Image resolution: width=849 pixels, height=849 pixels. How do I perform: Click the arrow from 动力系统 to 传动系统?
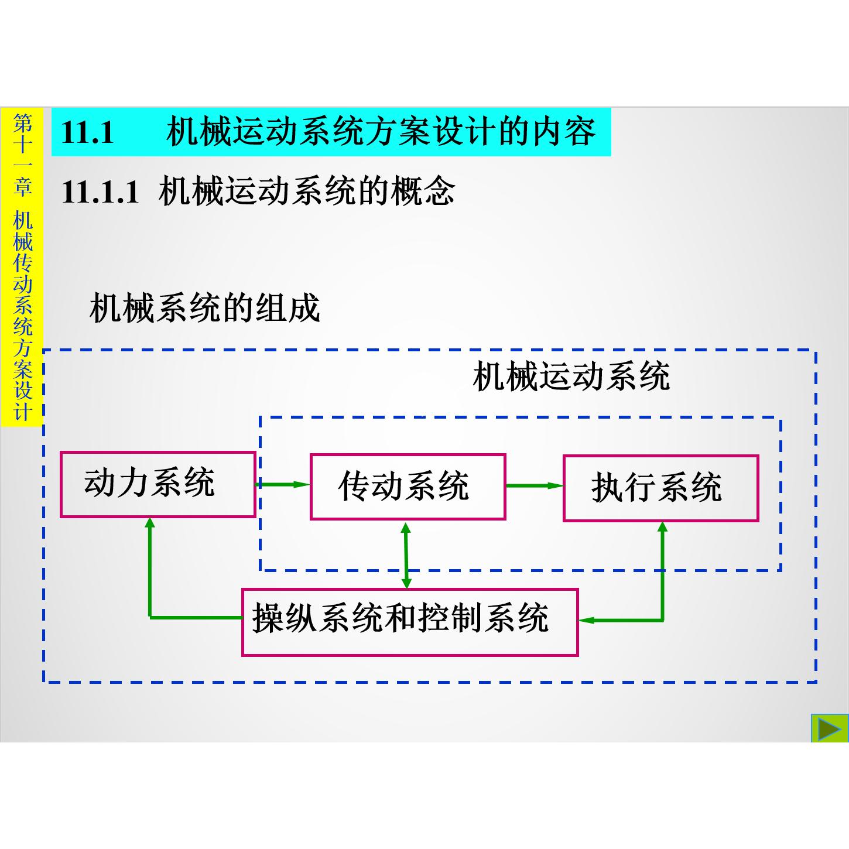(283, 485)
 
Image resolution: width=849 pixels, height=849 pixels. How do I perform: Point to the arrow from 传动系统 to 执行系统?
(535, 485)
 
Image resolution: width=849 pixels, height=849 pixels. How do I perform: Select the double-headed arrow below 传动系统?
(406, 555)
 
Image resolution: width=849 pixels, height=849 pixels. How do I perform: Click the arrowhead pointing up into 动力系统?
(150, 522)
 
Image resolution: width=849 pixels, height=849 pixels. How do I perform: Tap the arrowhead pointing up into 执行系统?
(662, 527)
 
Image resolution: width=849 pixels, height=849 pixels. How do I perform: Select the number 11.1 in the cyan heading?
(87, 132)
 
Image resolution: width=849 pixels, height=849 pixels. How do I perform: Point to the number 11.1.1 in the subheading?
(100, 192)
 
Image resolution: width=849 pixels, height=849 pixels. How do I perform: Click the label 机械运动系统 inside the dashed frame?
(571, 376)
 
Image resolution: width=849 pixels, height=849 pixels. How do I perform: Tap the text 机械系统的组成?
(204, 308)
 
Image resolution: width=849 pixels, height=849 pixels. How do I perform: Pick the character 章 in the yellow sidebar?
(22, 186)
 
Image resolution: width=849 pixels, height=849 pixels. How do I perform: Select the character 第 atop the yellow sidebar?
(22, 124)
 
